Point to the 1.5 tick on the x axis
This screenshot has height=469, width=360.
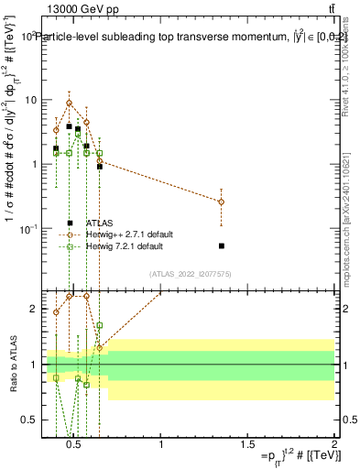247,444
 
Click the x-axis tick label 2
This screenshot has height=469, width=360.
333,444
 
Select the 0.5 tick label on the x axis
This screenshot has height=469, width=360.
75,444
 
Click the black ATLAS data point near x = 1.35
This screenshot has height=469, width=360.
222,245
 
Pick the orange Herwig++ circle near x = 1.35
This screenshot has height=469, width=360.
222,202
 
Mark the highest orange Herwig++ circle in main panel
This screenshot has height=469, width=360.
69,103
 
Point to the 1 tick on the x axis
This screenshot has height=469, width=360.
161,444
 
